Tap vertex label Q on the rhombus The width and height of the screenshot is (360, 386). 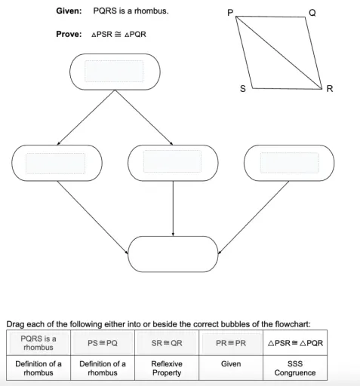tap(312, 13)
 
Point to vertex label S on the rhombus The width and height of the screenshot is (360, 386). tap(242, 89)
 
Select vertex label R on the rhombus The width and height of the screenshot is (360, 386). tap(329, 89)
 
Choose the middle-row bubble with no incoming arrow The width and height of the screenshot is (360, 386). tap(290, 162)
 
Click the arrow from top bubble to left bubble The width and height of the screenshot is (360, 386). tap(85, 117)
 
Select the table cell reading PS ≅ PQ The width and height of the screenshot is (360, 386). tap(103, 343)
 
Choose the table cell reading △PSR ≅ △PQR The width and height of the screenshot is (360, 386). tap(295, 343)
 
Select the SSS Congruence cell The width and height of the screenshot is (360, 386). tap(295, 368)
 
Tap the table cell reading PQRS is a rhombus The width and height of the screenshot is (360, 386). tap(38, 343)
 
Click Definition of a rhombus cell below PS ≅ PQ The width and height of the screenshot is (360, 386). tap(103, 368)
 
